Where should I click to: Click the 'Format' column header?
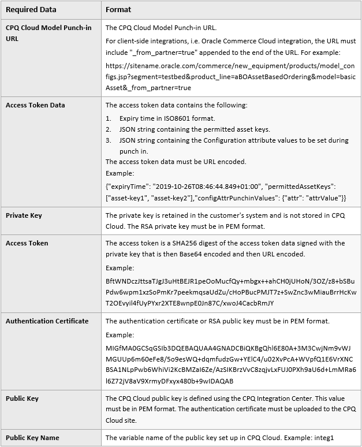pos(118,9)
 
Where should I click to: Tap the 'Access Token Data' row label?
pos(35,105)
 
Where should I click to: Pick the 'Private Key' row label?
pos(24,215)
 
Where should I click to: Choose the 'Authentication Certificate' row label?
pos(47,321)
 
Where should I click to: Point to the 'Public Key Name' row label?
pos(32,437)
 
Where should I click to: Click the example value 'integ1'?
pos(325,437)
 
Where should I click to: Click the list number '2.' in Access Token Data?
pos(109,129)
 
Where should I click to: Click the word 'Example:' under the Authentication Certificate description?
pos(120,335)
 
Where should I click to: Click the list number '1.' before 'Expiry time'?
pos(109,118)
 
